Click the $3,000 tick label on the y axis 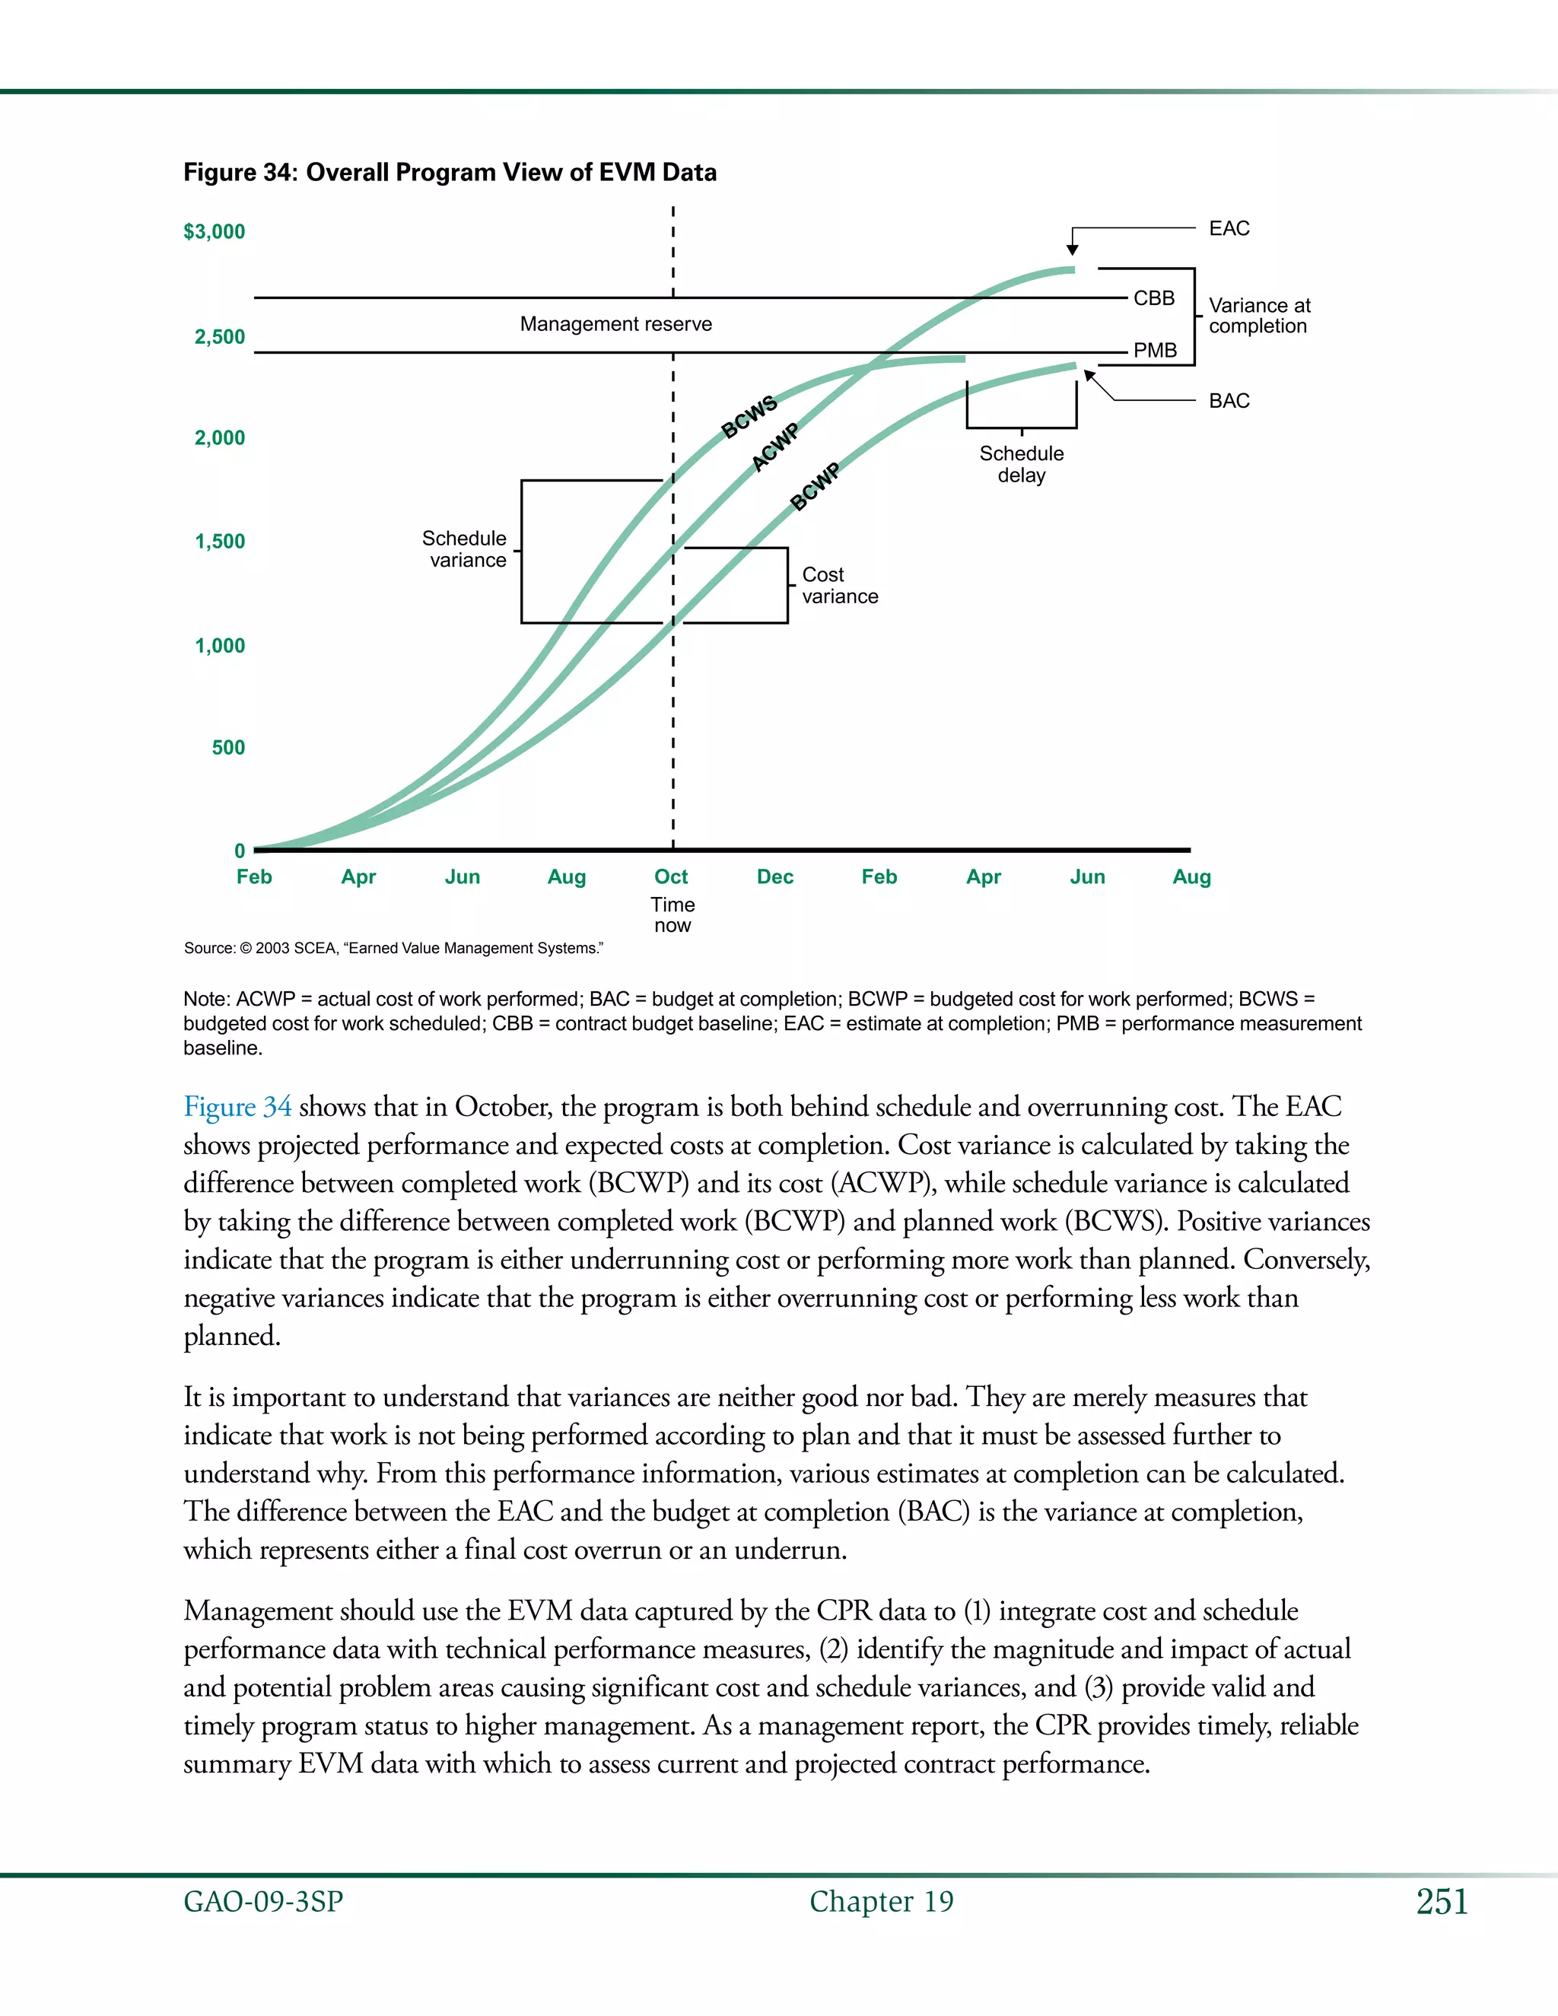click(214, 232)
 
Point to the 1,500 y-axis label click(220, 541)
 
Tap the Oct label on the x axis click(671, 877)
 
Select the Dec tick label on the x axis click(775, 877)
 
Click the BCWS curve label click(749, 417)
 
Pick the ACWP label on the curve click(775, 447)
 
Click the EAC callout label click(1229, 228)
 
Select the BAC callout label click(1229, 401)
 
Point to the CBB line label click(1154, 298)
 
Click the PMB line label click(1155, 351)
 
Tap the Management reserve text click(615, 324)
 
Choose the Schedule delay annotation click(1021, 464)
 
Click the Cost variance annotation click(839, 585)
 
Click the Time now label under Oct click(672, 914)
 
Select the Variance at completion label click(1259, 316)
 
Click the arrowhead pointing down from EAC click(1072, 250)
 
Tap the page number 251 click(1442, 1902)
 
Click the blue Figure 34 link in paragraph click(237, 1107)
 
